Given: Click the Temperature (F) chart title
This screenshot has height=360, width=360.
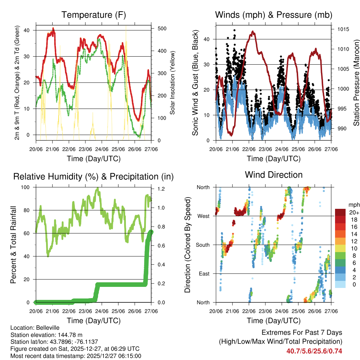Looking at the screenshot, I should coord(94,15).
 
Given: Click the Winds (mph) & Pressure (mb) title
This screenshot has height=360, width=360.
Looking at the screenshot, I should coord(274,15).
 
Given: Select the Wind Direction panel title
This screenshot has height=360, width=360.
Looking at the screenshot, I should coord(274,175).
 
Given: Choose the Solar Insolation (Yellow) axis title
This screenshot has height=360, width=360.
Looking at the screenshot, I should coord(173,83).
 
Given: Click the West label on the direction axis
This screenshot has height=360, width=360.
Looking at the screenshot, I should coord(204,216).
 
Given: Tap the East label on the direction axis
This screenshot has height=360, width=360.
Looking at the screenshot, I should coord(205,274).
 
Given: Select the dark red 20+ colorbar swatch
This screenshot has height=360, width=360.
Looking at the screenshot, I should coord(341,212).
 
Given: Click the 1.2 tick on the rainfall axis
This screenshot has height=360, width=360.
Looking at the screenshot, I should coord(158,189).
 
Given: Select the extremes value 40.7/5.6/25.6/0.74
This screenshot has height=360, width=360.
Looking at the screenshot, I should coord(314,351).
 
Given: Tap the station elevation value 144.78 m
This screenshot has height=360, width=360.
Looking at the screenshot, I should coord(70,335).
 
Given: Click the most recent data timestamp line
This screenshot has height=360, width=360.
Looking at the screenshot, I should coord(76,356).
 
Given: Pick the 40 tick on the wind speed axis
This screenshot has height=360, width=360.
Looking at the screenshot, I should coord(207,39).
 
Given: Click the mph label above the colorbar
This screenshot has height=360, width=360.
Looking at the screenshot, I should coord(353,205).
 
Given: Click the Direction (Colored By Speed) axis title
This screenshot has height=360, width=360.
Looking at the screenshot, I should coord(187,245).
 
